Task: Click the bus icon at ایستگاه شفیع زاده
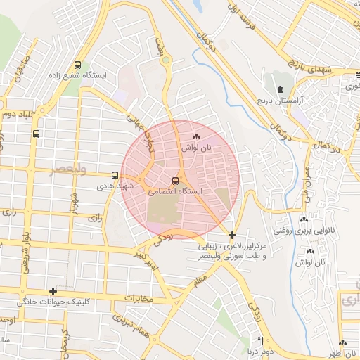coord(77,64)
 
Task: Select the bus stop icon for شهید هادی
coord(115,175)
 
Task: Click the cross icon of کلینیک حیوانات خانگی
coord(53,291)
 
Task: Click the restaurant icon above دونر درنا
coord(261,340)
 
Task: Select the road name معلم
coord(202,281)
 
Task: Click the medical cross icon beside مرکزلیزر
coord(232,235)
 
